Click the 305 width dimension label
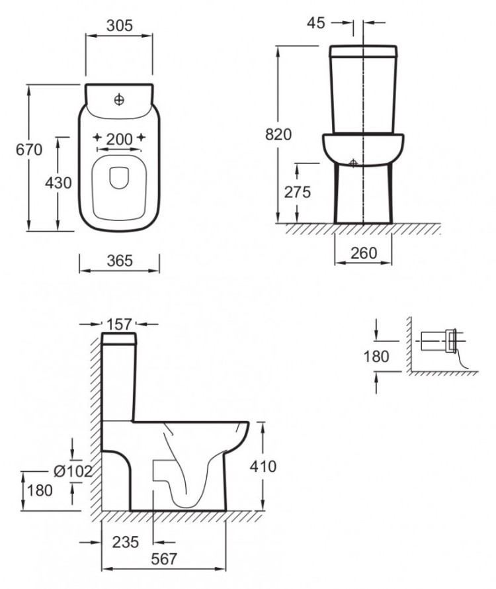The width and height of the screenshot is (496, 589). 119,26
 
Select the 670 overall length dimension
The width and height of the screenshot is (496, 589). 30,150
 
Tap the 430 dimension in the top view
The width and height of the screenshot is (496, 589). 58,183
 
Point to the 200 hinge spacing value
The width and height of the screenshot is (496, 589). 119,139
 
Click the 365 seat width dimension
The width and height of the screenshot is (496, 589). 119,261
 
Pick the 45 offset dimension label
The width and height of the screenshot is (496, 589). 316,23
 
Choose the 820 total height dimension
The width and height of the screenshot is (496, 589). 278,135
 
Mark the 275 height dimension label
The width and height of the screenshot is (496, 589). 297,193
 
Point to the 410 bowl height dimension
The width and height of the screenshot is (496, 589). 263,467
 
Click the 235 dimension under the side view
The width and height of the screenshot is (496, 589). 126,543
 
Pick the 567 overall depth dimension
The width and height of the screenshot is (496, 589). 164,559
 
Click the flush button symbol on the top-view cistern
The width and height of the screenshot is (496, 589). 119,99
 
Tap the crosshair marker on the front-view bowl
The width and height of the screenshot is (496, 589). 354,163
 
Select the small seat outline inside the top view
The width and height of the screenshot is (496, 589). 119,179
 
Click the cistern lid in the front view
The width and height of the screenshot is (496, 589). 363,50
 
